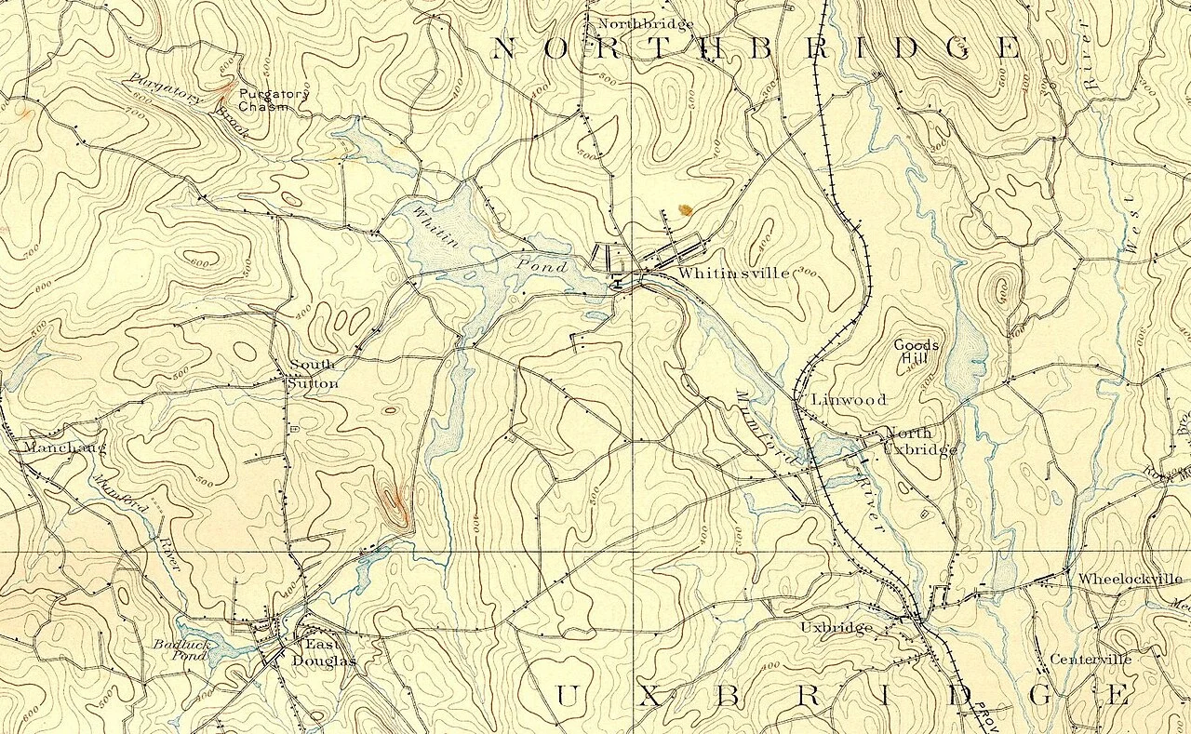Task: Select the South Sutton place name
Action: click(313, 374)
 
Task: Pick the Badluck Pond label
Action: click(177, 649)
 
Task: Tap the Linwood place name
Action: click(849, 400)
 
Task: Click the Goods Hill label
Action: click(917, 353)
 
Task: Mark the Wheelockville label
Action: click(1130, 579)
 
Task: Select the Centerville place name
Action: click(1091, 660)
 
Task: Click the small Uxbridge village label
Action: click(836, 628)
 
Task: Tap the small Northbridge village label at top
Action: click(632, 23)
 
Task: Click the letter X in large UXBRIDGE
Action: click(645, 695)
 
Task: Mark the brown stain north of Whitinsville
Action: click(686, 210)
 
